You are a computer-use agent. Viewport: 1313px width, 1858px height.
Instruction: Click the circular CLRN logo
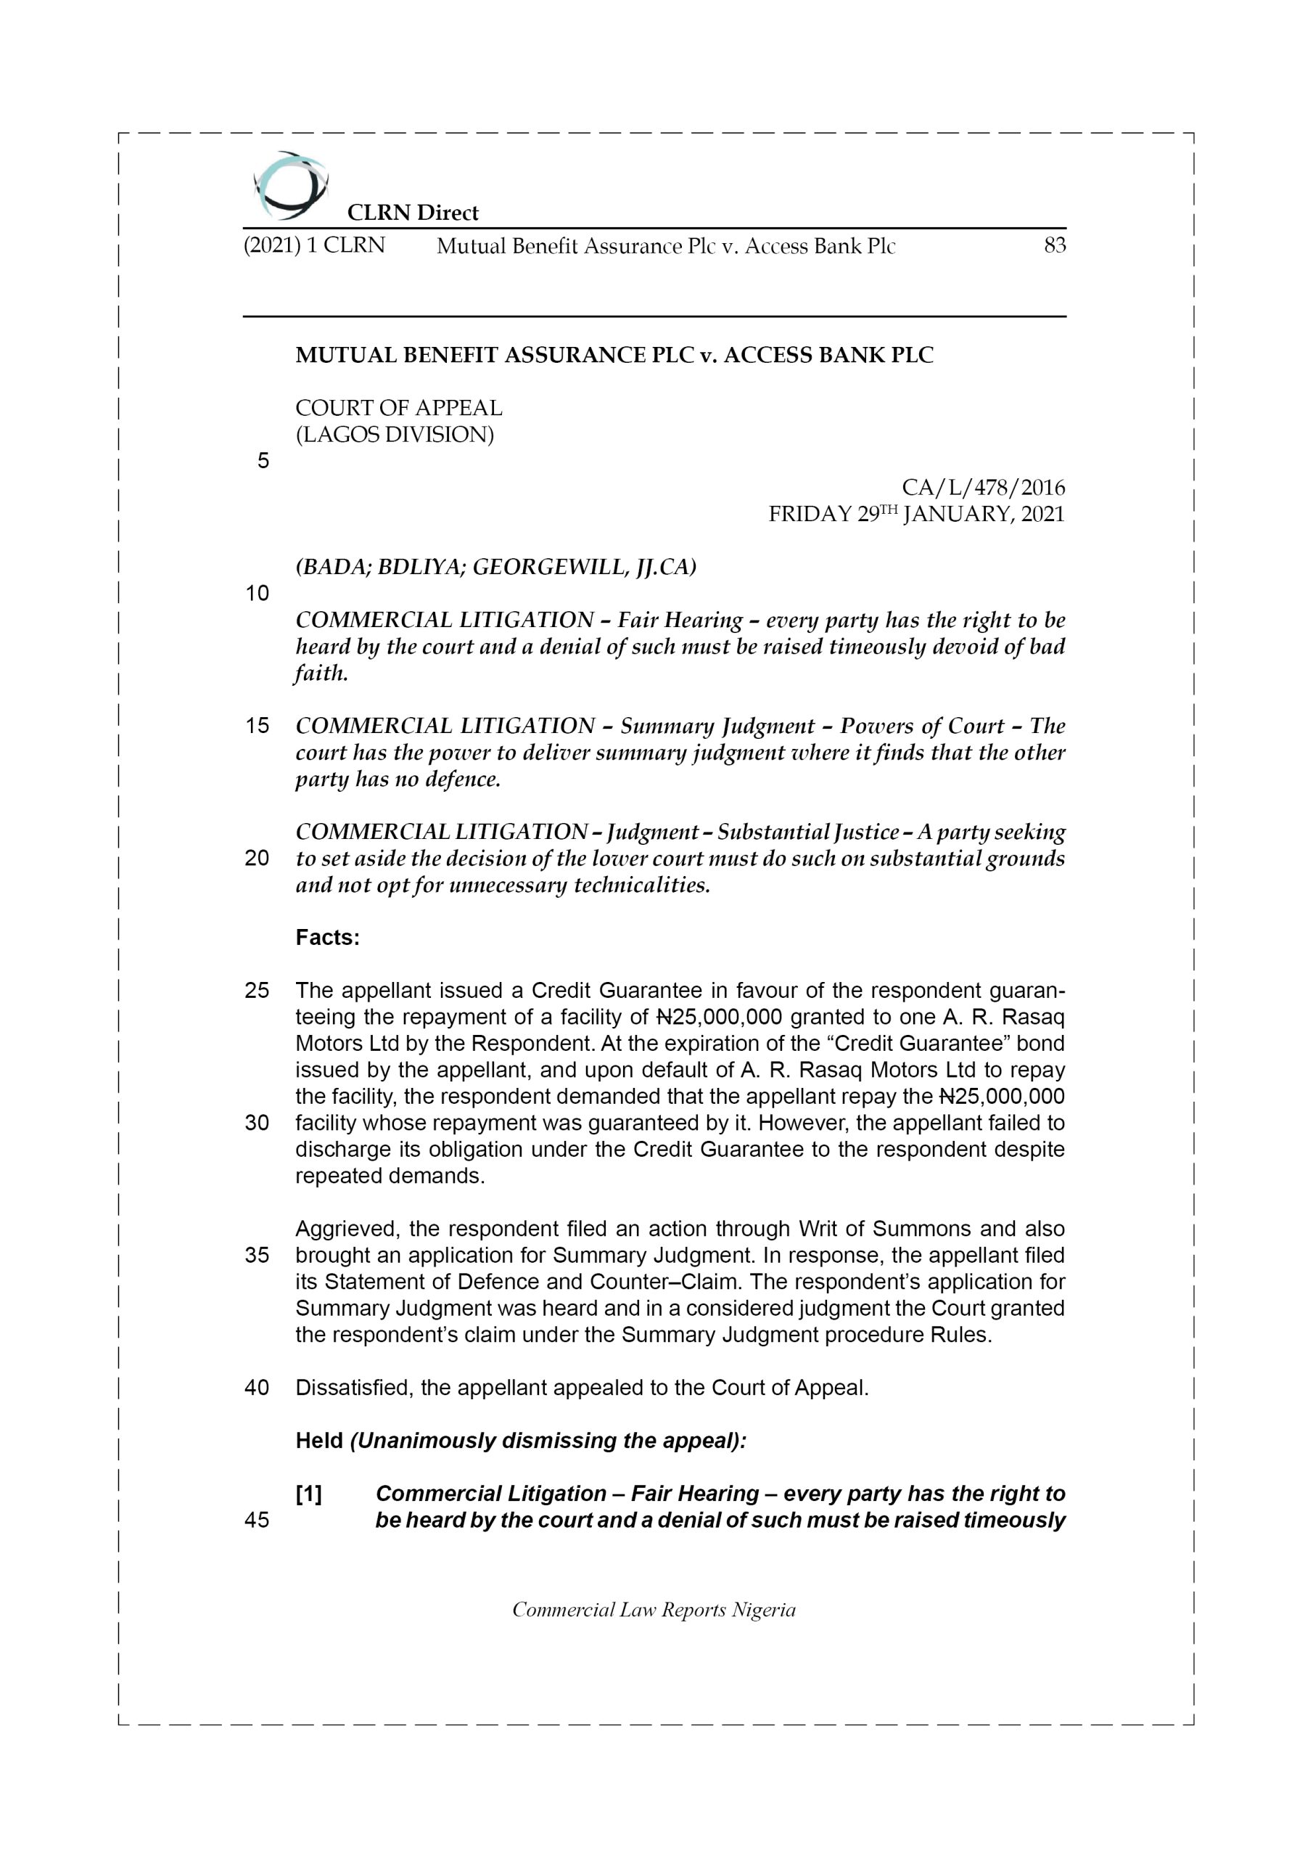[289, 185]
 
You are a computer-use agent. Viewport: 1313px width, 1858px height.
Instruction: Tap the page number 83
[1054, 245]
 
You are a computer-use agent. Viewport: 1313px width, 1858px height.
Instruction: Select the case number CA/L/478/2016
[983, 487]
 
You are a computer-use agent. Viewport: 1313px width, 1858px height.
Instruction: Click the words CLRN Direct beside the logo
[413, 213]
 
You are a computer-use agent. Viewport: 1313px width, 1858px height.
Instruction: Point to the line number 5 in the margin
[263, 462]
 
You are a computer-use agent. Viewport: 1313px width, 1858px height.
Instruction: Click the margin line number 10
[258, 594]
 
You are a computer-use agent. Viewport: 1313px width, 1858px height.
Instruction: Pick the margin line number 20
[258, 859]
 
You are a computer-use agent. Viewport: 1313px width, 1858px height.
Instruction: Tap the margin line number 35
[258, 1255]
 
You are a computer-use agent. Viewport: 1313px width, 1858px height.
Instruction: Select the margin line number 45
[258, 1521]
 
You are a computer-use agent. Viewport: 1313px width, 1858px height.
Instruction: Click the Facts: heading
[328, 938]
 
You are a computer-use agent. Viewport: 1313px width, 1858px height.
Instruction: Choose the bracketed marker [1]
[309, 1494]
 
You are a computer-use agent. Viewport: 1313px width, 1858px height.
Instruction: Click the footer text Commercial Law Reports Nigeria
[654, 1611]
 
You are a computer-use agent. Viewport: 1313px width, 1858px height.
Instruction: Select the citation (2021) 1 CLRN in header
[314, 245]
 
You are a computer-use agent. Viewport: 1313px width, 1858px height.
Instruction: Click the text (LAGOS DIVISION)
[395, 435]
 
